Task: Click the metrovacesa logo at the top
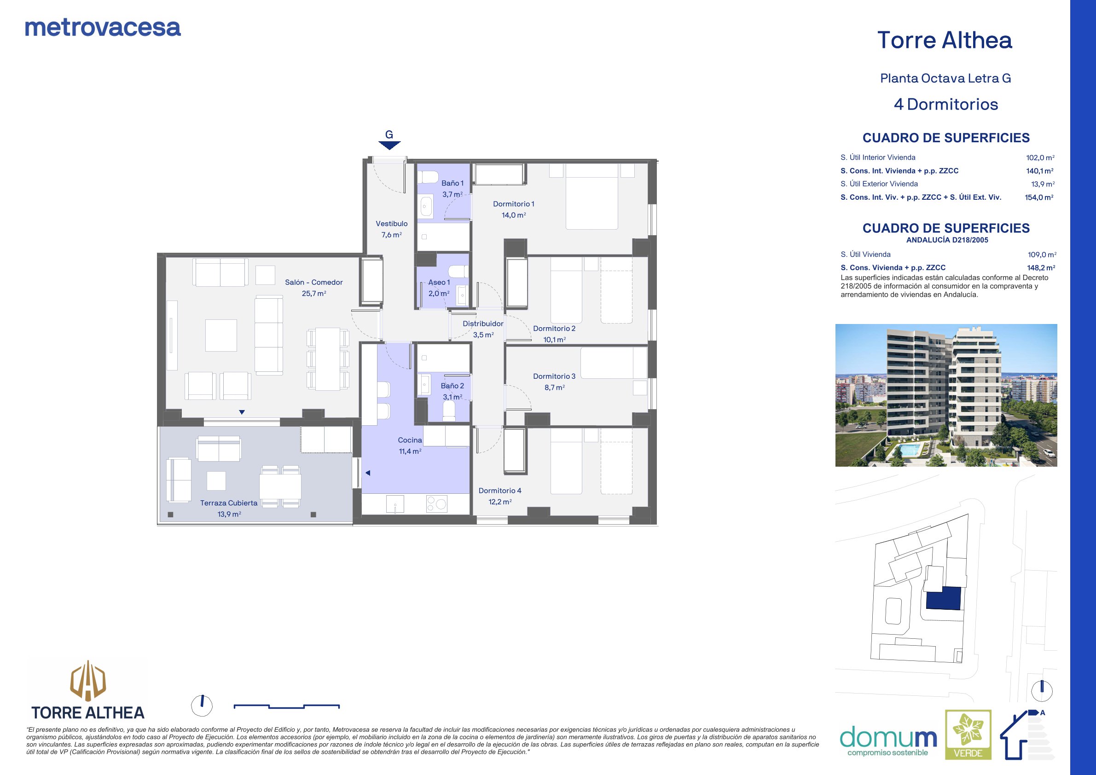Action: point(103,28)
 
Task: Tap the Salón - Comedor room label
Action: point(313,282)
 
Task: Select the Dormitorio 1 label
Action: point(514,204)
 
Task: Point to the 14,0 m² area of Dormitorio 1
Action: point(514,215)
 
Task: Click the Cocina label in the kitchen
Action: point(410,440)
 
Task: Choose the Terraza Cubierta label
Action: point(229,503)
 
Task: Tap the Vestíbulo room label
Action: point(391,223)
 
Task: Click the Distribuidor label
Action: point(483,324)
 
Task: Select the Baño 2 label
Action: point(452,386)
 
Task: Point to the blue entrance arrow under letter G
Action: point(389,145)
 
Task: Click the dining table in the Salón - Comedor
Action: point(327,359)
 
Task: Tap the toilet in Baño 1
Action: point(428,177)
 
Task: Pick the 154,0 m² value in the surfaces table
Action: point(1039,197)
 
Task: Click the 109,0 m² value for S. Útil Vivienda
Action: point(1042,255)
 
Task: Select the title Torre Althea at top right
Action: point(945,40)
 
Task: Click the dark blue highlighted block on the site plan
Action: point(943,598)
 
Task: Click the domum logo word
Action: point(888,737)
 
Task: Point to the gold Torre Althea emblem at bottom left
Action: point(88,680)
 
